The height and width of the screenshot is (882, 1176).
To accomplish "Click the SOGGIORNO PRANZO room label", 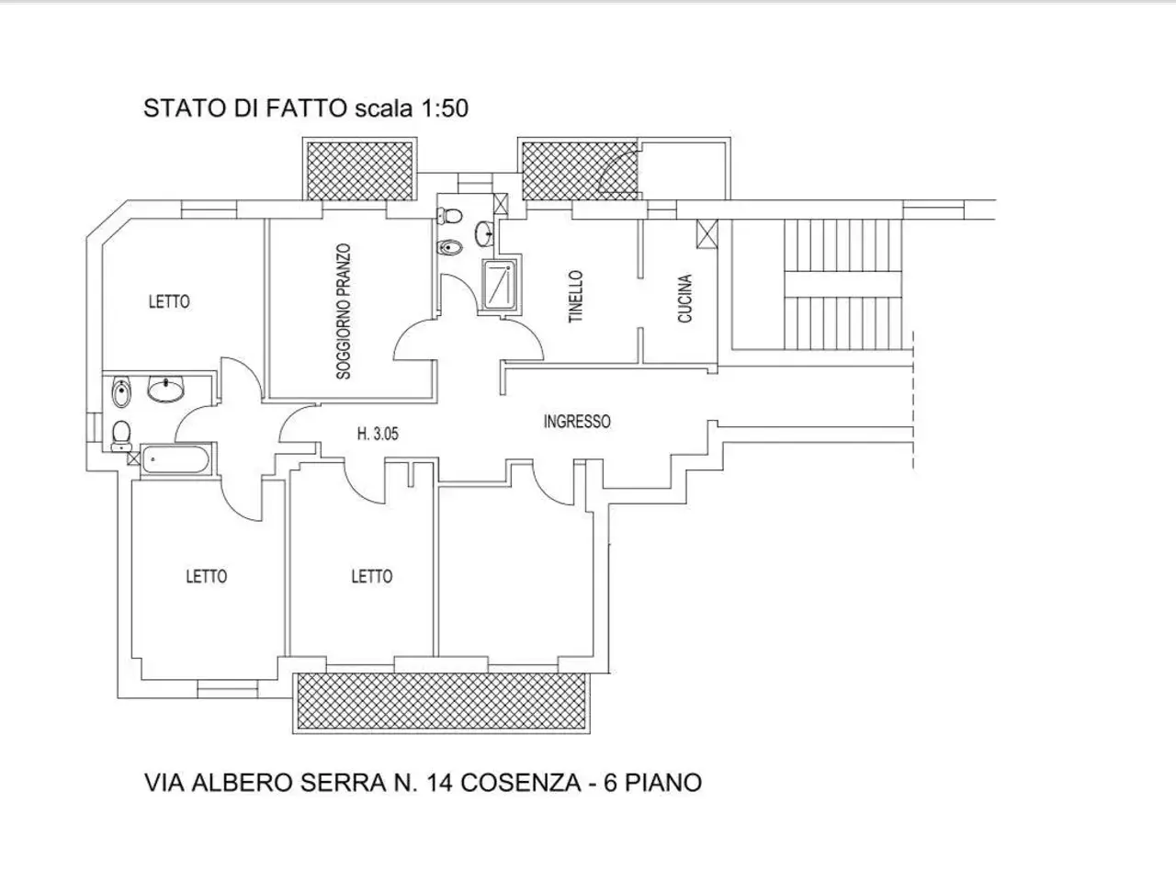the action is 344,311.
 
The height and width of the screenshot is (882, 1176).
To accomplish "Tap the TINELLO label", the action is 575,297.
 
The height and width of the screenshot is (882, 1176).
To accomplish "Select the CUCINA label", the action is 684,299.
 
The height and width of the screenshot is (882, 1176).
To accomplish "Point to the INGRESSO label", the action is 577,422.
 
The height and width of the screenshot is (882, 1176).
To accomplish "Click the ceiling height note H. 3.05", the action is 378,434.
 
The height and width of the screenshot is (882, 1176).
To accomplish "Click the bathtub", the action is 175,460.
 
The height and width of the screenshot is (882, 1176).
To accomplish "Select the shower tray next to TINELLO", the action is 501,286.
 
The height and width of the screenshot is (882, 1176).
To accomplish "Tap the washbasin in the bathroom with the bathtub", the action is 165,389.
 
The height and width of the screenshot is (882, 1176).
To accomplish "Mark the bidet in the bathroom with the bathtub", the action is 121,393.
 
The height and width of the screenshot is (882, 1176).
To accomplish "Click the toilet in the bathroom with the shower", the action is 449,216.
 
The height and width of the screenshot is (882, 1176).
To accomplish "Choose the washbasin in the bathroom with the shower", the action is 485,234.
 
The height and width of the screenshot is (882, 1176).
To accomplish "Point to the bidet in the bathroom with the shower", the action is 450,247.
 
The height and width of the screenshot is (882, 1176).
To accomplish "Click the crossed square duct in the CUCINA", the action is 707,233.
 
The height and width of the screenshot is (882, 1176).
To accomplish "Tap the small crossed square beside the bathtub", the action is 134,458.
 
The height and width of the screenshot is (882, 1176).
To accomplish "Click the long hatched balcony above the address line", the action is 441,702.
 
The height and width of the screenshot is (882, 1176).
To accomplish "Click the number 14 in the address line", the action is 439,783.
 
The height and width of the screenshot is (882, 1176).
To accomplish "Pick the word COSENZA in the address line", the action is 521,783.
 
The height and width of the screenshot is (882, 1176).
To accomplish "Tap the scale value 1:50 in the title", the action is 445,108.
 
